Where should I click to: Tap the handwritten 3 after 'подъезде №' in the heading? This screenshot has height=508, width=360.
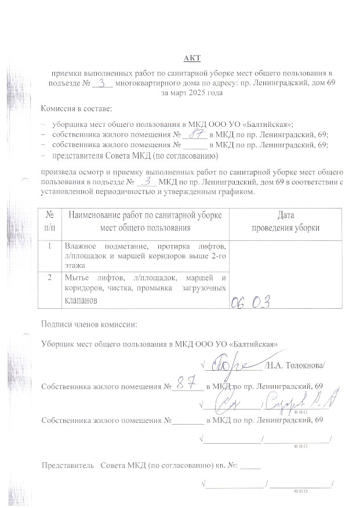[x=103, y=83]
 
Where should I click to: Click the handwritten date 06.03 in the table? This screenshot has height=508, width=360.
[x=251, y=302]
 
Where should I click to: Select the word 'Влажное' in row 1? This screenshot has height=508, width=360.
[x=79, y=245]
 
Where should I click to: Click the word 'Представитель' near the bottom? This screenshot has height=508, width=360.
[x=67, y=465]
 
